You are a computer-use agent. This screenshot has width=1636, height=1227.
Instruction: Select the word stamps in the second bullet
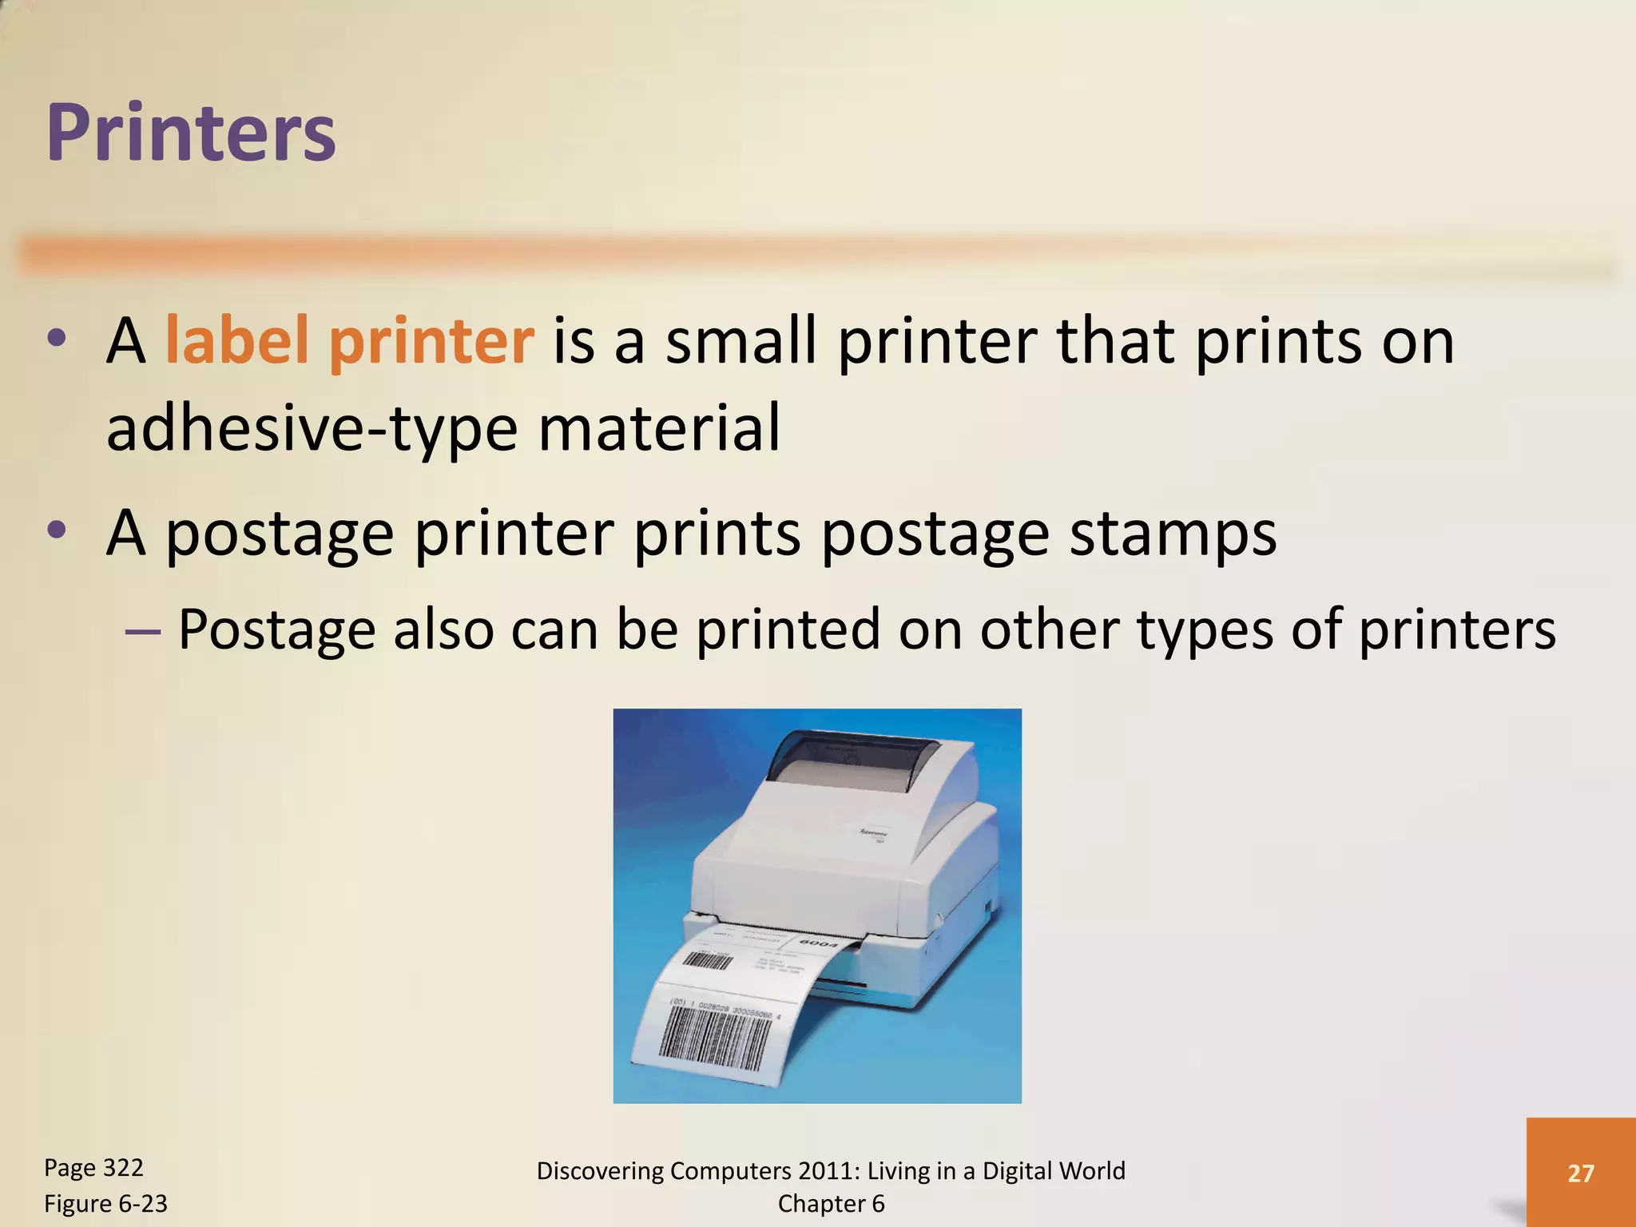coord(1173,534)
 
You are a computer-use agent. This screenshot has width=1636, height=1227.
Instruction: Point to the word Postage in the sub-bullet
coord(276,629)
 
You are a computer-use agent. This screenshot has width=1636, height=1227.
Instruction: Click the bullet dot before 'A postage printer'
coord(56,529)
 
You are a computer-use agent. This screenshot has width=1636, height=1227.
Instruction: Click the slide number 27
coord(1580,1173)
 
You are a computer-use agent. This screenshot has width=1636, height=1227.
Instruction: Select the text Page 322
coord(93,1168)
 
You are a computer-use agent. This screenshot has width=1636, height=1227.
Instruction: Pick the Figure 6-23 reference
coord(105,1204)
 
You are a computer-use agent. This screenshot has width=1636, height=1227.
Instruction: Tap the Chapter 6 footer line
coord(831,1204)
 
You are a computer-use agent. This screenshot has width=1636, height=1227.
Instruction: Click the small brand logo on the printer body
coord(875,834)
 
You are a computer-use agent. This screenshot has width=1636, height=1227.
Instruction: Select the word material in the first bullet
coord(659,428)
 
